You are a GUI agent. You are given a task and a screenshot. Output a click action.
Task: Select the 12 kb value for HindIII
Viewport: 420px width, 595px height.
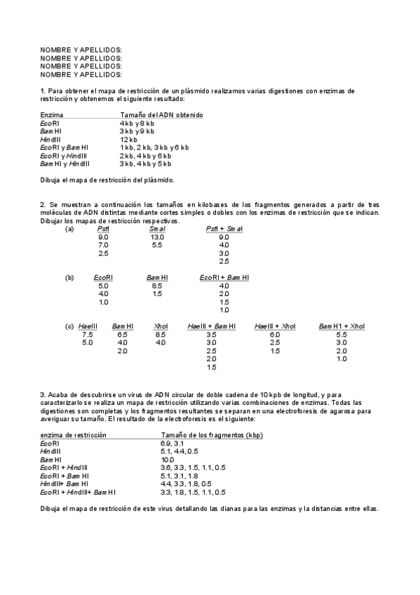(130, 140)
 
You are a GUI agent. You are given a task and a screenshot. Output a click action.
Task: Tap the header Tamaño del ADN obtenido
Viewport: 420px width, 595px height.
(161, 114)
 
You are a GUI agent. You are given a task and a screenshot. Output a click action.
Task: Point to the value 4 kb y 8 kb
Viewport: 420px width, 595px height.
(137, 123)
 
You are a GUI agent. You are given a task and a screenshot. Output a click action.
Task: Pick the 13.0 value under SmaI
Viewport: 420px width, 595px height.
(157, 236)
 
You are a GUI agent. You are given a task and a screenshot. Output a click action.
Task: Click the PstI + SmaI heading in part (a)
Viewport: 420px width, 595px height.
(224, 229)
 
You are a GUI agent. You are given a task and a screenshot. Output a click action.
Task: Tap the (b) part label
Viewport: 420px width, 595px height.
(69, 278)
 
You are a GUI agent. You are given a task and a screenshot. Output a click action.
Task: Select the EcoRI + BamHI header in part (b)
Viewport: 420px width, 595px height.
(224, 278)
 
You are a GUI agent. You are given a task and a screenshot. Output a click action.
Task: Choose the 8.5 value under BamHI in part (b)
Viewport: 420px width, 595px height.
(157, 286)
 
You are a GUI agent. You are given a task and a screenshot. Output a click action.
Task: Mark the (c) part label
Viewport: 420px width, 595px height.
(69, 326)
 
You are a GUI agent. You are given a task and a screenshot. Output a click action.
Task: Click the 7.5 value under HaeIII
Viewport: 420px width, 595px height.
(88, 335)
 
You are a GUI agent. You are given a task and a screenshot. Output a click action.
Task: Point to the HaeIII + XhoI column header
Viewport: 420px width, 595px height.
(276, 326)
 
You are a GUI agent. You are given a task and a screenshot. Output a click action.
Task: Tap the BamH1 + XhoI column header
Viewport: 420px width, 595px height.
(341, 326)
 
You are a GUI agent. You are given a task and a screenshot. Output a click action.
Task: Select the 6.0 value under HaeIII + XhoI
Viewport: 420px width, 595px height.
(276, 335)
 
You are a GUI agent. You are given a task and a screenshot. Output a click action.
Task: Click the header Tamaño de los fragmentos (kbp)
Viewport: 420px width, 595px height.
(211, 435)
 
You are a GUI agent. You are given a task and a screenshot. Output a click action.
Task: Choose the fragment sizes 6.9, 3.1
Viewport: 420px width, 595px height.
(172, 443)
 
